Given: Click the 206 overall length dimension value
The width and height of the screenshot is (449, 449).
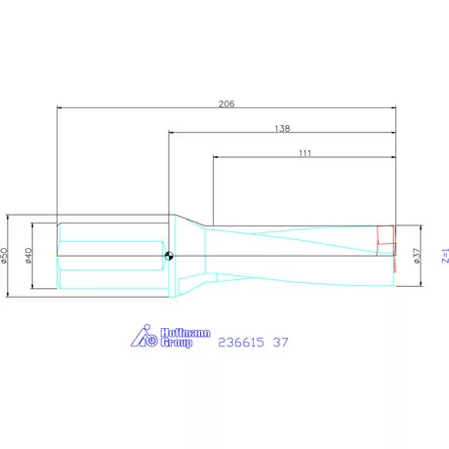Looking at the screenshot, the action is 226,103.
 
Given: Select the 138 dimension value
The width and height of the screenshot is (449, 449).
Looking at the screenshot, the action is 282,129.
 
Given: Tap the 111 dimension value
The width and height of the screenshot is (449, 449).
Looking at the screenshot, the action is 305,153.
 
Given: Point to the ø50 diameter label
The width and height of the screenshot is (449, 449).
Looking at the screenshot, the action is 4,256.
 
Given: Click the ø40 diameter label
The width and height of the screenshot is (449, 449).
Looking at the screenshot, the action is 28,256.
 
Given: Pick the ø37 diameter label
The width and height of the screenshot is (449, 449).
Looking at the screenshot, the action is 417,256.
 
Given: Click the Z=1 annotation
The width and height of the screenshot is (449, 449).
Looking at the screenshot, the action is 445,256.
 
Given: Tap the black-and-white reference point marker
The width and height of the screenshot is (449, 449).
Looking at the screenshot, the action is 169,256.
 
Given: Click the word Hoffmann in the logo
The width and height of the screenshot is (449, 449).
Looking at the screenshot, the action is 185,333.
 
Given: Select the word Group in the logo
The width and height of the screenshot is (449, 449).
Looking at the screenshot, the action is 177,343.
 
